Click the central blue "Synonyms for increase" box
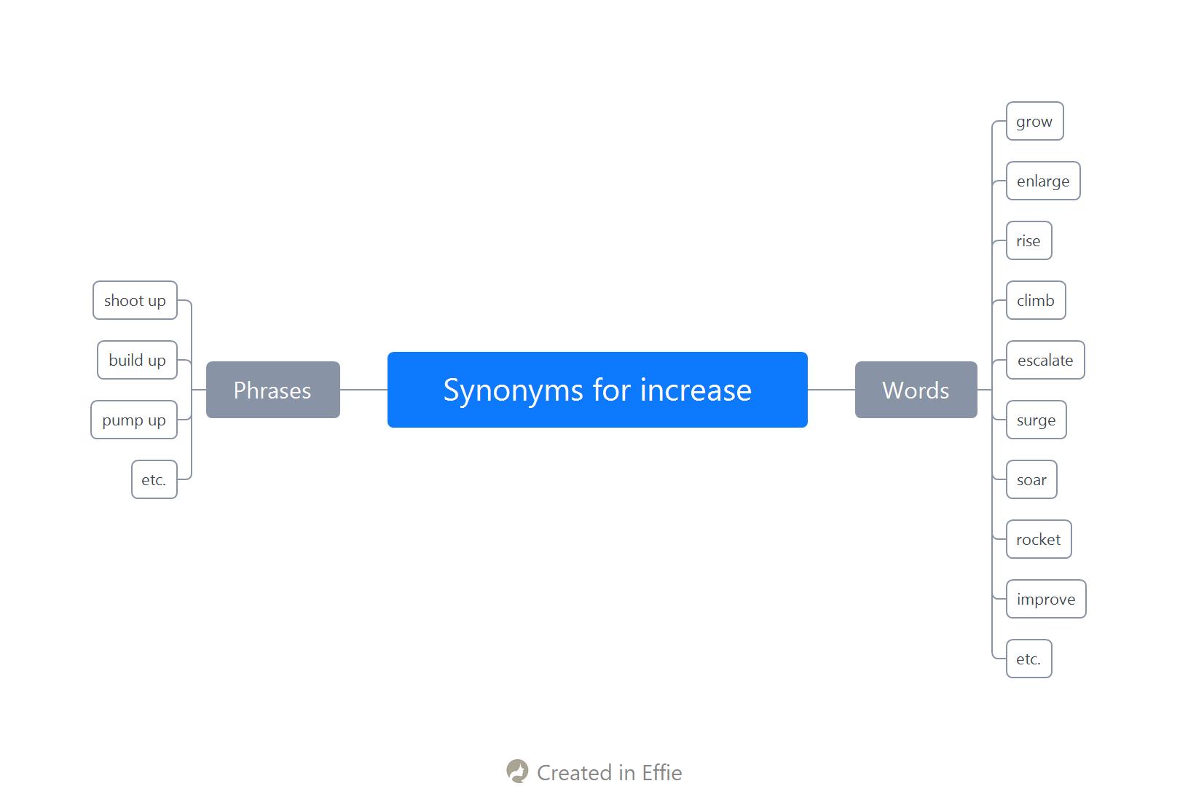pyautogui.click(x=597, y=390)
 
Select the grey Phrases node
pyautogui.click(x=272, y=390)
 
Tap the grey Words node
pyautogui.click(x=916, y=390)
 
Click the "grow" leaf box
pyautogui.click(x=1035, y=121)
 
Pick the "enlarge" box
pyautogui.click(x=1043, y=181)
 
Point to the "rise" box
pyautogui.click(x=1029, y=240)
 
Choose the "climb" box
pyautogui.click(x=1036, y=300)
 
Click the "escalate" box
pyautogui.click(x=1045, y=360)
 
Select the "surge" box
pyautogui.click(x=1036, y=420)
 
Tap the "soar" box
pyautogui.click(x=1031, y=479)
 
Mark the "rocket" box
pyautogui.click(x=1039, y=539)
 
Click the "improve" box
pyautogui.click(x=1046, y=600)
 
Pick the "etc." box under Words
pyautogui.click(x=1029, y=659)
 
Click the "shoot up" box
pyautogui.click(x=135, y=300)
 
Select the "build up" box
pyautogui.click(x=138, y=360)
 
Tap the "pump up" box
pyautogui.click(x=134, y=420)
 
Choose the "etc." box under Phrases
pyautogui.click(x=154, y=479)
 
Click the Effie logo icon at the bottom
pyautogui.click(x=517, y=771)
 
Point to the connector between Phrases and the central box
pyautogui.click(x=363, y=390)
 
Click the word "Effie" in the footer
pyautogui.click(x=662, y=773)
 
